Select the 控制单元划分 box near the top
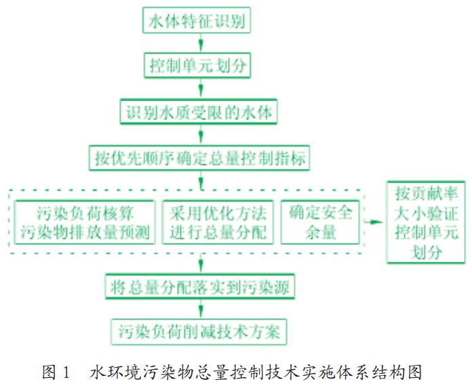(200, 66)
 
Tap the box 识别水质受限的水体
(199, 112)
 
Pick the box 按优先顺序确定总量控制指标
(199, 159)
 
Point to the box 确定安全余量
(317, 222)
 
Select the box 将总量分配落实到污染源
(199, 286)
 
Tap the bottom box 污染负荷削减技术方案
(199, 332)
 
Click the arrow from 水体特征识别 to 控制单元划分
(200, 43)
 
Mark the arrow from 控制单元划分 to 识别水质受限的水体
(200, 90)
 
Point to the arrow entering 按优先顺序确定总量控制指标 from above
(200, 136)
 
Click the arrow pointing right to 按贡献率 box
(374, 222)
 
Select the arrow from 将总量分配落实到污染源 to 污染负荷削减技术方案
(200, 309)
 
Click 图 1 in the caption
(56, 372)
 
